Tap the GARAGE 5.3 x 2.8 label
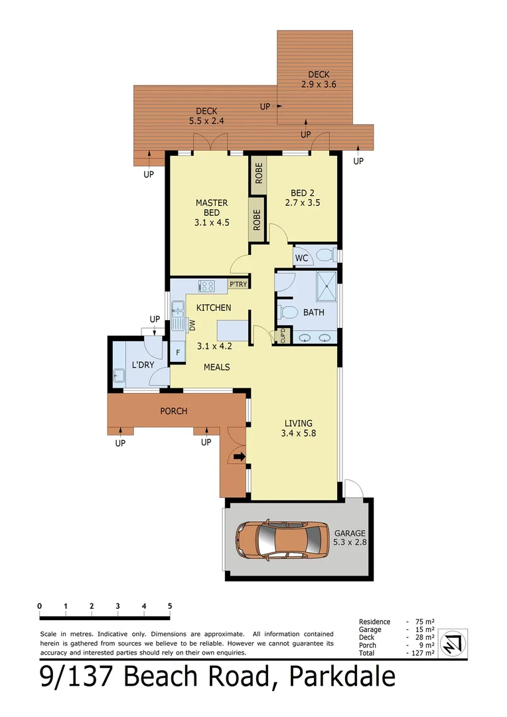coord(350,538)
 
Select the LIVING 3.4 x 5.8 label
coord(299,428)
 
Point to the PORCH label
coord(174,411)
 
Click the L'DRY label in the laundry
coord(143,365)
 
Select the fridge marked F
coord(178,353)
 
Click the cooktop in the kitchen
coord(207,286)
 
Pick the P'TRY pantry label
coord(238,285)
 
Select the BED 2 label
coord(303,198)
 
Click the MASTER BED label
coord(212,212)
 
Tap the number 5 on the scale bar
coord(170,606)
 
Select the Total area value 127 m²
coord(422,653)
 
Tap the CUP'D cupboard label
coord(282,335)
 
